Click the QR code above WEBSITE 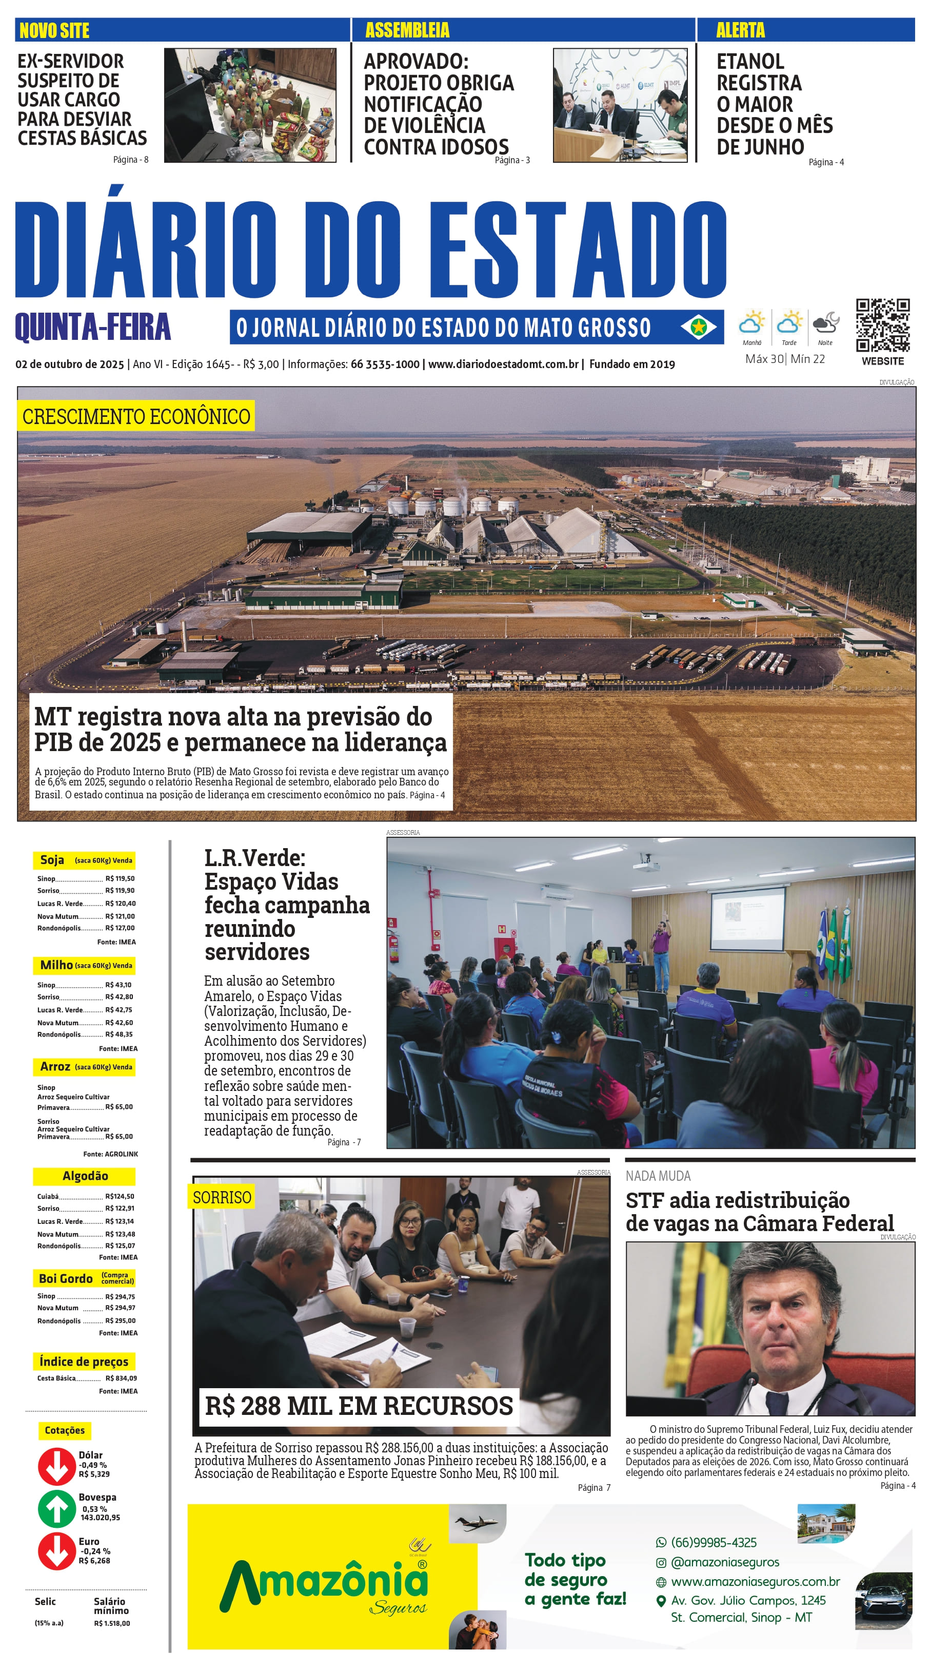click(882, 325)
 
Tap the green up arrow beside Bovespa click(56, 1509)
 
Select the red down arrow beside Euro click(56, 1552)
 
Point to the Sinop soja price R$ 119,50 click(120, 879)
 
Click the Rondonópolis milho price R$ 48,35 click(120, 1034)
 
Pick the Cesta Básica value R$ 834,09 click(121, 1378)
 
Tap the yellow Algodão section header click(84, 1176)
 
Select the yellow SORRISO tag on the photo click(222, 1197)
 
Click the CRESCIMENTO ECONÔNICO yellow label click(136, 416)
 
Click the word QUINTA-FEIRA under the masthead click(92, 327)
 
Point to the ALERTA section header click(740, 30)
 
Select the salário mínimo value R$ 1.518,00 click(112, 1623)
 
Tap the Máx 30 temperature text click(764, 359)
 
